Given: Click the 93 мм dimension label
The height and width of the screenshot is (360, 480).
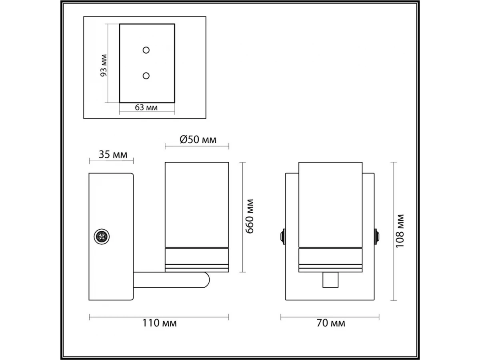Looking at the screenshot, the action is [x=104, y=65].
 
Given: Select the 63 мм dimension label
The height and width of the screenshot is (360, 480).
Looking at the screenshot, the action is [x=146, y=108].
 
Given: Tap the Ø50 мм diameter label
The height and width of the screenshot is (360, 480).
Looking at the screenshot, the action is [x=198, y=140].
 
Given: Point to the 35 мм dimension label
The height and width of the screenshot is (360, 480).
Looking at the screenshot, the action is [x=113, y=154].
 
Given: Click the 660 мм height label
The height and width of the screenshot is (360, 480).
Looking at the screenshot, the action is [x=250, y=216].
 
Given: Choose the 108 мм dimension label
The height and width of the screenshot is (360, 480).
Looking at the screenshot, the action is [x=400, y=231].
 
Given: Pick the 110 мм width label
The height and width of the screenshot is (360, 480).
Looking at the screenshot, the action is [x=160, y=323].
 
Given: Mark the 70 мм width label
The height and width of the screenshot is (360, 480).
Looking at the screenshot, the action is [x=331, y=323].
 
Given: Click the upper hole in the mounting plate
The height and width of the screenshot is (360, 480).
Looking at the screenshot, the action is [x=146, y=50].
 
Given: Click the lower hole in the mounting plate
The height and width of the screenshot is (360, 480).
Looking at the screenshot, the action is [x=146, y=76].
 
